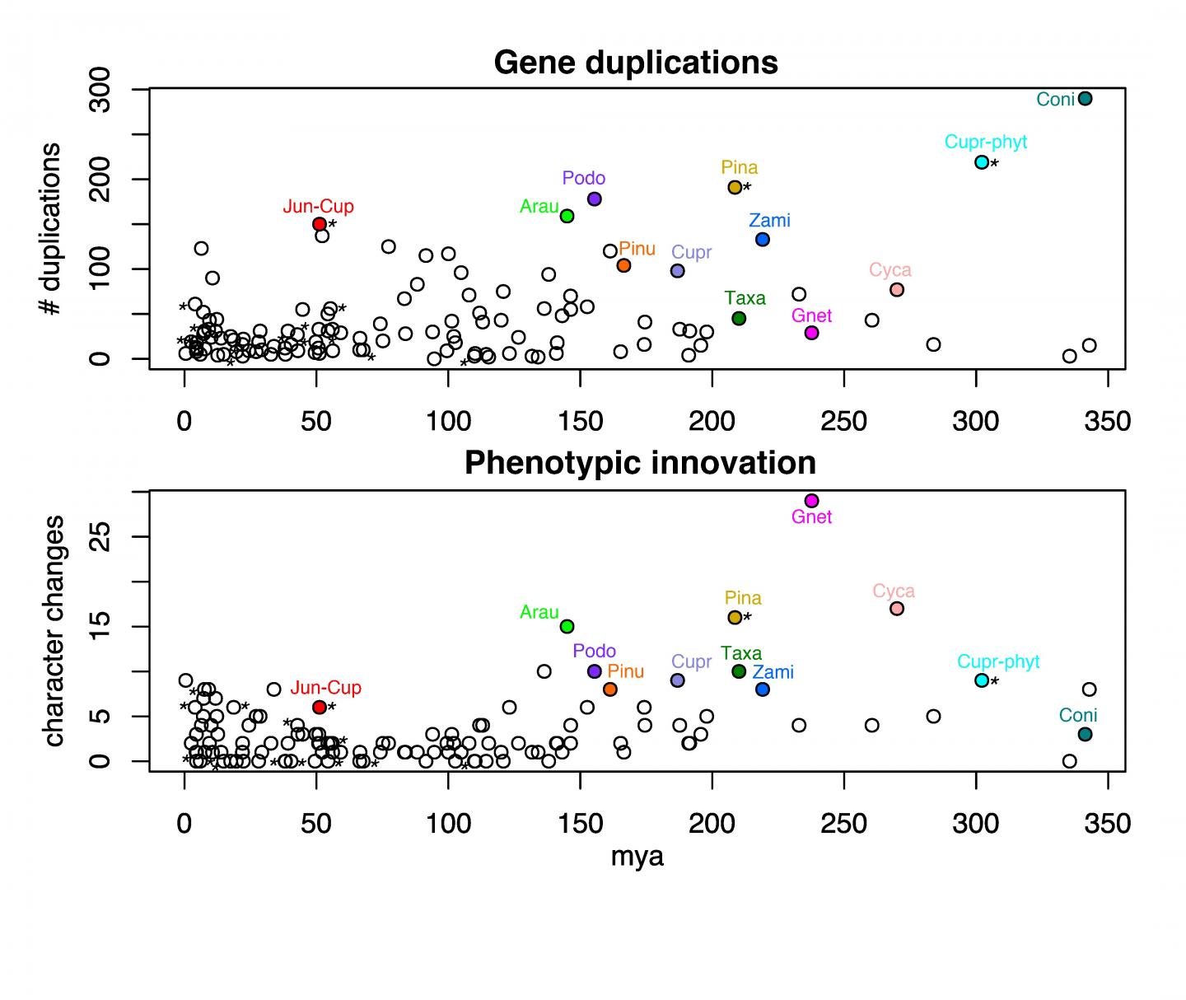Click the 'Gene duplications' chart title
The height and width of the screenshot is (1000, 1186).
click(x=636, y=63)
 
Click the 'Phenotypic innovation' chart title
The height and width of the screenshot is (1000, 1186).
click(x=640, y=463)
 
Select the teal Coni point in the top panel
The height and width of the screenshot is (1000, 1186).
click(x=1085, y=99)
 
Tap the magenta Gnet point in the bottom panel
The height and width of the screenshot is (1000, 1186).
click(x=811, y=501)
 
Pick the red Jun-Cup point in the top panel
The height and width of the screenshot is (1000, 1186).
click(x=320, y=224)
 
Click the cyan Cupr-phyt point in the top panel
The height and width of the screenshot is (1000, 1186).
click(x=982, y=162)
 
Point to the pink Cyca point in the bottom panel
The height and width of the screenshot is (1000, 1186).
click(x=897, y=609)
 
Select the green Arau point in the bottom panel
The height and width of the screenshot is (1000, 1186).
click(x=567, y=626)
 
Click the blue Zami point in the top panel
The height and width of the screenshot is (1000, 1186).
click(x=763, y=240)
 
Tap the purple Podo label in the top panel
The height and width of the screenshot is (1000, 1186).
click(x=584, y=179)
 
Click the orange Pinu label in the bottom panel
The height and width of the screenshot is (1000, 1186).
click(x=625, y=671)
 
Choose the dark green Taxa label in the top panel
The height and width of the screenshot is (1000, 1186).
click(x=745, y=298)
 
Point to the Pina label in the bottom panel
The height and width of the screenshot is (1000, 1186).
click(x=743, y=598)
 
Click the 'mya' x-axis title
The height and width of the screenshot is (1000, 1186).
click(x=637, y=857)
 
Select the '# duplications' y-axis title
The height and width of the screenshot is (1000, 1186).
click(x=51, y=229)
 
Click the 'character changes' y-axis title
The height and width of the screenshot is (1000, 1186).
click(x=54, y=631)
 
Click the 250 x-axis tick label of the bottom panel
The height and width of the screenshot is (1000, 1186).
click(x=843, y=823)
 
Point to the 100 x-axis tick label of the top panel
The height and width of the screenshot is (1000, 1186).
click(x=448, y=422)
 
